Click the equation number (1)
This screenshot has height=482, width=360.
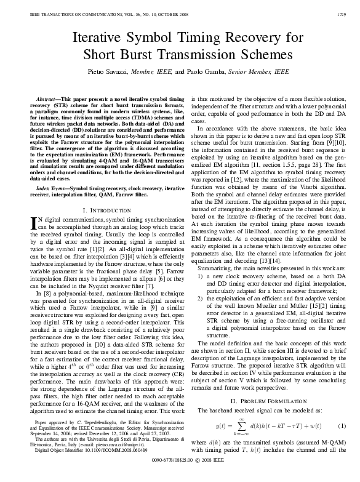tap(342, 425)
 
